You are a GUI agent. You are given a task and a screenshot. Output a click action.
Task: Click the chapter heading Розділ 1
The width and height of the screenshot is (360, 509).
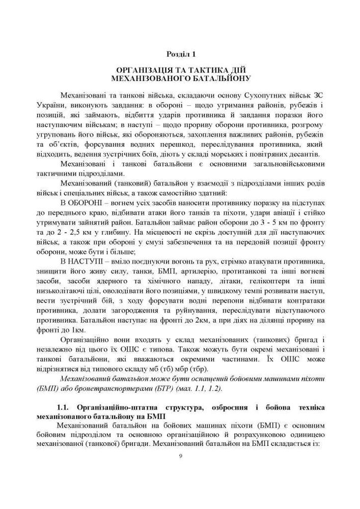click(180, 53)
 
